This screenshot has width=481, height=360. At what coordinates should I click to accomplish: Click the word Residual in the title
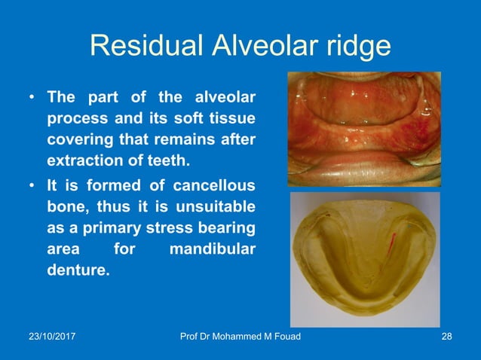tap(137, 47)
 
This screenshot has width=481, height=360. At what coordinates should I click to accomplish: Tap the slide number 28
tap(446, 336)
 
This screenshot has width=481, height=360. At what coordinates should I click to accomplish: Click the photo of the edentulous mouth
tap(364, 129)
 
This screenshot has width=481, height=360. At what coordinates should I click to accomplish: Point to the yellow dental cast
tap(364, 256)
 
